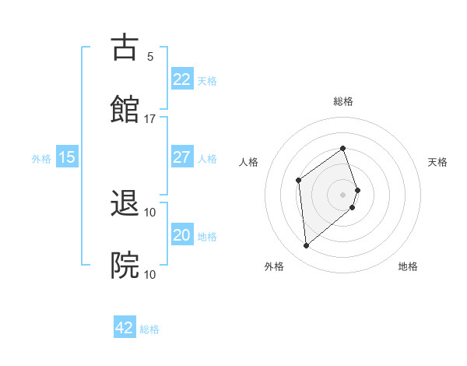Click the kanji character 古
[x=125, y=48]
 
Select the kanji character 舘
[x=125, y=110]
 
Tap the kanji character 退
[x=125, y=204]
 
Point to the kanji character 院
[x=125, y=266]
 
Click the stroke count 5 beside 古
[x=150, y=57]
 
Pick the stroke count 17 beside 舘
[x=150, y=119]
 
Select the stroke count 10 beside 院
[x=150, y=274]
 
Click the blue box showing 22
[x=181, y=79]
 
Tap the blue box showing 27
[x=181, y=157]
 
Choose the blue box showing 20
[x=181, y=235]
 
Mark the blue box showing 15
[x=67, y=157]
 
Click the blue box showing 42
[x=125, y=328]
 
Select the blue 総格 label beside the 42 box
[x=149, y=329]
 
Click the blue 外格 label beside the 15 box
[x=41, y=159]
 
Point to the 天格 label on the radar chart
[x=437, y=162]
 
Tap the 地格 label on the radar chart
[x=408, y=267]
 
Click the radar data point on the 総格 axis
[x=342, y=149]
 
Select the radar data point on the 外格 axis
[x=306, y=246]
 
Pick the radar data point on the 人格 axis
[x=299, y=181]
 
